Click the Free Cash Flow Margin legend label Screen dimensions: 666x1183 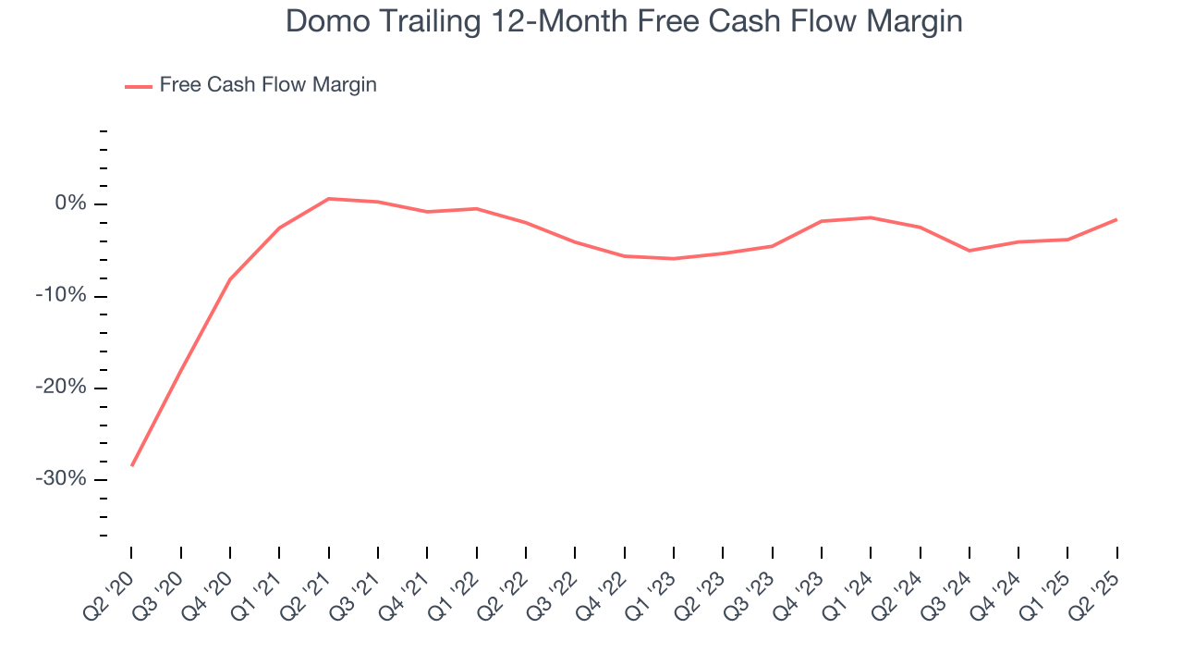click(x=268, y=85)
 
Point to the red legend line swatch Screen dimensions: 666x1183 click(x=139, y=86)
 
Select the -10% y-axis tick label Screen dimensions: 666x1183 click(x=61, y=296)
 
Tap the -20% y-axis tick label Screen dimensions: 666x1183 click(x=61, y=388)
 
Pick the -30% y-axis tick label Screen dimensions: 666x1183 click(x=61, y=479)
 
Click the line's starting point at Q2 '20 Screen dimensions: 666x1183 click(x=132, y=465)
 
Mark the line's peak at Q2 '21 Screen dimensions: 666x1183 click(x=329, y=199)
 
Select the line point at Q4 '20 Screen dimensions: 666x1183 click(x=230, y=278)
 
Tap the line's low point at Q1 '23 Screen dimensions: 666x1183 click(x=674, y=259)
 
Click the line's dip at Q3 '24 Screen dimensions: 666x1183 click(x=970, y=251)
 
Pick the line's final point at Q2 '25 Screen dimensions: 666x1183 click(x=1116, y=219)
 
